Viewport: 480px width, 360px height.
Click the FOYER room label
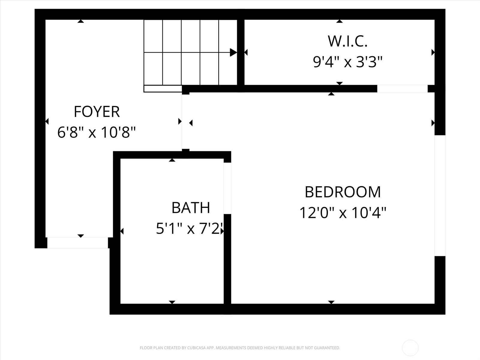[x=97, y=112]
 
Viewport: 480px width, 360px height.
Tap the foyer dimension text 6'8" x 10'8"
[x=97, y=132]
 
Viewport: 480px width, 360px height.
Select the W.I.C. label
[x=347, y=41]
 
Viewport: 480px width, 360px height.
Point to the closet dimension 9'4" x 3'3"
[x=348, y=62]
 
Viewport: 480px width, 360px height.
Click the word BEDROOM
[x=343, y=192]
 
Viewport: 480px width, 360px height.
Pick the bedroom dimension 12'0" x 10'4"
[x=343, y=213]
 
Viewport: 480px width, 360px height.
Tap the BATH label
[x=190, y=208]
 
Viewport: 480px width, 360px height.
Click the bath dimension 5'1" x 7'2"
[x=190, y=229]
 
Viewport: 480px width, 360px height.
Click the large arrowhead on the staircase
[x=233, y=52]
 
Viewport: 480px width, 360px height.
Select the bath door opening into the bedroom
[x=227, y=188]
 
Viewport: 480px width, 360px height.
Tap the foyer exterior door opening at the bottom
[x=77, y=243]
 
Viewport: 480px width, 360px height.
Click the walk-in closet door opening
[x=402, y=89]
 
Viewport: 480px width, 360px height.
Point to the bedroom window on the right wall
[x=440, y=196]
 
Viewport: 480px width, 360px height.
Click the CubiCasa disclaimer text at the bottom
[x=240, y=348]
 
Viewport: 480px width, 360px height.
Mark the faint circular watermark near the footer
[x=410, y=348]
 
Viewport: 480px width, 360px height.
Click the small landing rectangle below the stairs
[x=163, y=89]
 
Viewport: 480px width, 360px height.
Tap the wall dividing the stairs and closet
[x=241, y=52]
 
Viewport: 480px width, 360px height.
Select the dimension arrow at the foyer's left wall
[x=47, y=121]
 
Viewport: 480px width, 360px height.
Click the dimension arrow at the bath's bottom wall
[x=172, y=302]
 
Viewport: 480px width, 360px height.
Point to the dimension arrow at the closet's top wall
[x=339, y=21]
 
